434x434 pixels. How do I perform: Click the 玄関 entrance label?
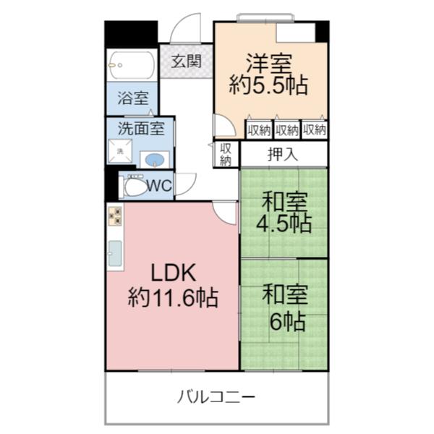click(186, 61)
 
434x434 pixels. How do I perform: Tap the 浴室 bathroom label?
click(134, 98)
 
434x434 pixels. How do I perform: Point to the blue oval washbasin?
click(153, 159)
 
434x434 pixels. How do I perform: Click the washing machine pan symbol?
click(119, 151)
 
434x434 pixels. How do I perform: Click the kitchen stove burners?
click(115, 216)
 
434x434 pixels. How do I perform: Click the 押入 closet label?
click(282, 154)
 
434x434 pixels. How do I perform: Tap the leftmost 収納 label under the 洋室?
click(259, 130)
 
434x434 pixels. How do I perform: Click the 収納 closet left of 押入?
click(226, 154)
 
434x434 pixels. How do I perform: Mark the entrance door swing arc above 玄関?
click(186, 29)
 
